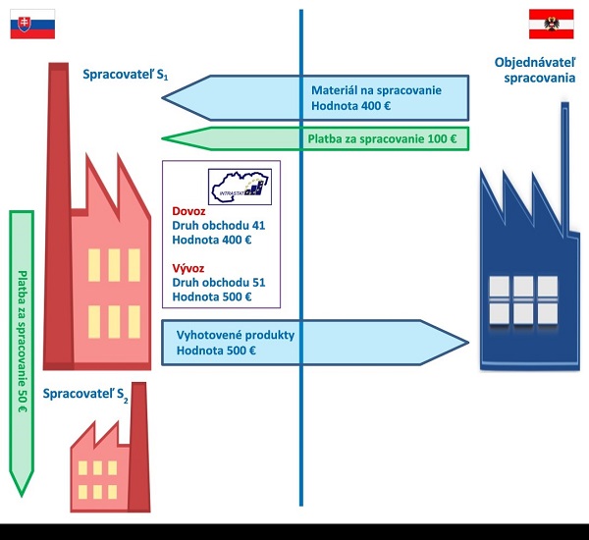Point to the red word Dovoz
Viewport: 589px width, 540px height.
(x=189, y=210)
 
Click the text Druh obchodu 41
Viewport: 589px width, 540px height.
(x=218, y=225)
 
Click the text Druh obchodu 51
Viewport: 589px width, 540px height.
(x=218, y=282)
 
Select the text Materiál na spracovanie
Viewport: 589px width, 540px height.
(x=376, y=89)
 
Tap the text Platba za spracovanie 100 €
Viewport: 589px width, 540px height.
(x=382, y=138)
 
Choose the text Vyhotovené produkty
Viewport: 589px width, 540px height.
(x=235, y=334)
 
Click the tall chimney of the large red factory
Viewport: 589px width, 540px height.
(x=59, y=196)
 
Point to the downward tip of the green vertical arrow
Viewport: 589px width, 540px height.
(x=21, y=490)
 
